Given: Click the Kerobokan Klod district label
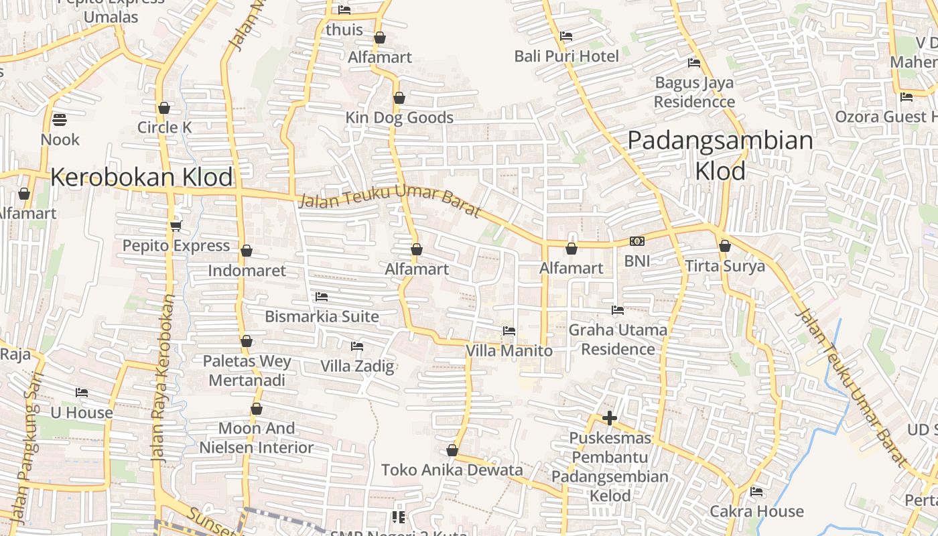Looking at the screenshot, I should coord(141,178).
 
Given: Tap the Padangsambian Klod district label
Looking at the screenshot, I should coord(720,156).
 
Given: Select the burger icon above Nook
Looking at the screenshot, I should coord(60,121).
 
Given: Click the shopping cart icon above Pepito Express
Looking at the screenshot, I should coord(176,226).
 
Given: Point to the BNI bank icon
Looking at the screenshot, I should coord(637,241).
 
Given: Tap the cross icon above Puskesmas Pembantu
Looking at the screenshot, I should coord(609,418).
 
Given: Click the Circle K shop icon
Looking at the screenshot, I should coord(164,108).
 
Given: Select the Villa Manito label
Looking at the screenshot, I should coord(509,350).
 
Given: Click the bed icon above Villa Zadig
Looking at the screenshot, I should coord(357,346).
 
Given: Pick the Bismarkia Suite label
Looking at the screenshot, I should coord(322,316).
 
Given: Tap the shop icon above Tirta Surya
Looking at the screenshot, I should coord(724,246).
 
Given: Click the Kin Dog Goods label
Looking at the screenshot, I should coord(399,118).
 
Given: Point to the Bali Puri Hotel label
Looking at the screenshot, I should coord(567,56).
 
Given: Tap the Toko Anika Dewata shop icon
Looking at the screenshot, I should coord(452,450).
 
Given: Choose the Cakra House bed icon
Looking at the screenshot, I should coord(756,492).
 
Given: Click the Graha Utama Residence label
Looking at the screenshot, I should coord(618,339).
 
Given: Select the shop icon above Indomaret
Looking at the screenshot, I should coord(247,251).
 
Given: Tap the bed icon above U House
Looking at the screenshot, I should coord(82,393).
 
